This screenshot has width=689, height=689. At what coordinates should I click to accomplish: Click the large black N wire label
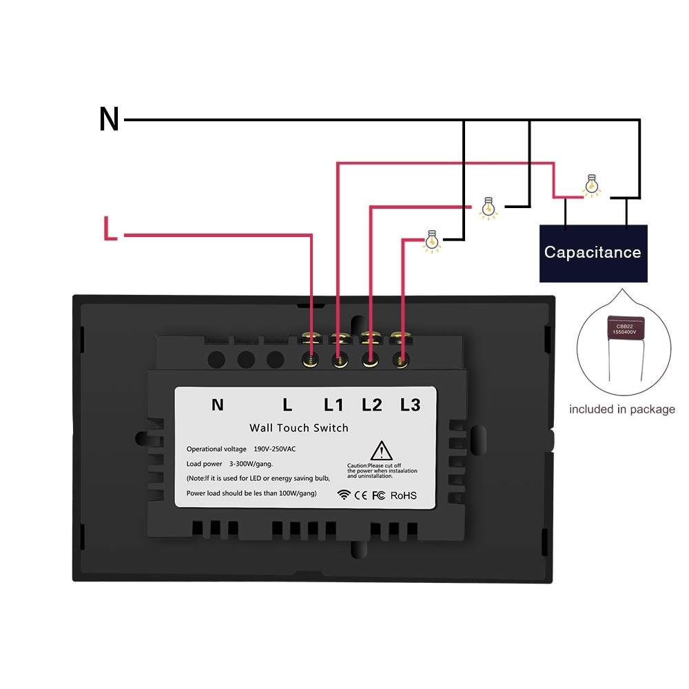point(109,120)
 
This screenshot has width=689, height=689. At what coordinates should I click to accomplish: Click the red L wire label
point(110,229)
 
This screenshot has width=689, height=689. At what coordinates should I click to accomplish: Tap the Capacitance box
point(593,253)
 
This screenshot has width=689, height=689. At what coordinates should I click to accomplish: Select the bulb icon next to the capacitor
point(590,185)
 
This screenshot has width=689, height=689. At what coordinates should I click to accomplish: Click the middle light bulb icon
point(489,207)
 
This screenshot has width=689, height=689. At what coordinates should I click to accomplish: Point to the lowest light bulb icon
point(433,240)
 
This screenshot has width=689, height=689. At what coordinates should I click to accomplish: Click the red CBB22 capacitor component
point(625,329)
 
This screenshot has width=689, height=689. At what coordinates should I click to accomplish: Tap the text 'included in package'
point(621,409)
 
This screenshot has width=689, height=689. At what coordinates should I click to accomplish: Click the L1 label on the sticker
point(333,405)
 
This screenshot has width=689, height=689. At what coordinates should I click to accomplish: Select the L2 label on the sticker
point(371,405)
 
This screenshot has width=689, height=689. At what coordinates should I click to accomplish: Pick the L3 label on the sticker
point(410,405)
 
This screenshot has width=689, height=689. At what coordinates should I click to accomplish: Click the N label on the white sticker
point(217,405)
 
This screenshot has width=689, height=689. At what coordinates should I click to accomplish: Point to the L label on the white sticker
point(288,405)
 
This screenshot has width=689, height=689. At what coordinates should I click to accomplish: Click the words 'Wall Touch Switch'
point(299,428)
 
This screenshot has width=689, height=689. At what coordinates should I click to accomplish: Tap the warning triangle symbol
point(380,452)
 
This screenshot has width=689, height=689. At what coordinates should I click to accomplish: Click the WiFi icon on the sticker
point(344,495)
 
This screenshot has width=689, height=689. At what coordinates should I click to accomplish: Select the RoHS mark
point(403,495)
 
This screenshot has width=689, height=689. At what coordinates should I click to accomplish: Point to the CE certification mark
point(361,495)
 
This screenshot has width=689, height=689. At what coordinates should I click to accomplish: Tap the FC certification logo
point(378,495)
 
